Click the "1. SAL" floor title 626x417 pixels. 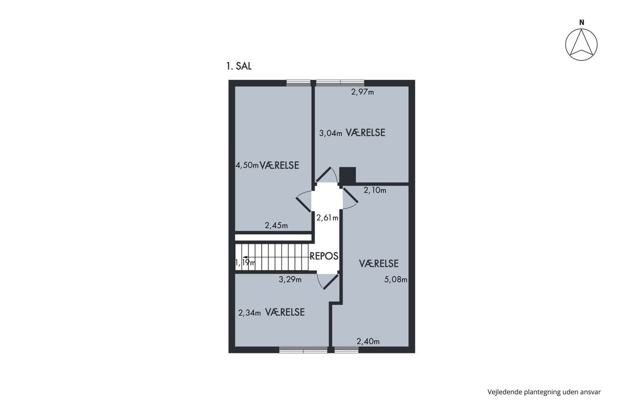pos(239,66)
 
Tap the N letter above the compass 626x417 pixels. pos(581,22)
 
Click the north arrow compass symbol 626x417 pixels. pos(581,44)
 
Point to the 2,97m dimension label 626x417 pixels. pos(362,92)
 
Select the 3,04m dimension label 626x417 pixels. pos(331,133)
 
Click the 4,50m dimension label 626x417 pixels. pos(247,165)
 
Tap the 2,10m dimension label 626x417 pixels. pos(375,190)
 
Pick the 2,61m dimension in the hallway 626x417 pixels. pos(327,218)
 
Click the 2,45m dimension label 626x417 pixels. pos(276,225)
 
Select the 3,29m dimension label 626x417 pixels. pos(290,279)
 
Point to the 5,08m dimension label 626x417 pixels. pos(396,279)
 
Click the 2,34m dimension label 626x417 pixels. pos(249,313)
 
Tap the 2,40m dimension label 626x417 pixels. pos(368,341)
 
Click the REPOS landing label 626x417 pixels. pos(324,256)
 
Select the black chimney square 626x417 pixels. pos(348,176)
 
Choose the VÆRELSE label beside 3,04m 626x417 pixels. pos(365,132)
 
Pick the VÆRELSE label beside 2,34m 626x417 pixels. pos(285,312)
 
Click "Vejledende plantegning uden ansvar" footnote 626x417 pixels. pos(544,392)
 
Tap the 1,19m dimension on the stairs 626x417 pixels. pos(246,263)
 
